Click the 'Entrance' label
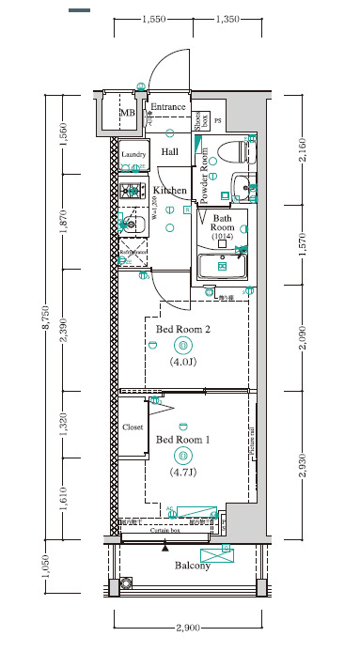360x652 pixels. click(x=169, y=107)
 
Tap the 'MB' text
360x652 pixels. click(x=127, y=115)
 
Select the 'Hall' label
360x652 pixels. click(x=169, y=151)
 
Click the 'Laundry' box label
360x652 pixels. click(x=132, y=155)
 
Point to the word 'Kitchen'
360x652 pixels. click(x=170, y=190)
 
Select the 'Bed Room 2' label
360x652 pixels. click(x=182, y=329)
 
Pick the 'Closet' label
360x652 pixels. click(x=133, y=427)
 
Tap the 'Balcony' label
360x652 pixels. click(x=193, y=566)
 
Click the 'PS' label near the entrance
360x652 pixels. click(x=218, y=121)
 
